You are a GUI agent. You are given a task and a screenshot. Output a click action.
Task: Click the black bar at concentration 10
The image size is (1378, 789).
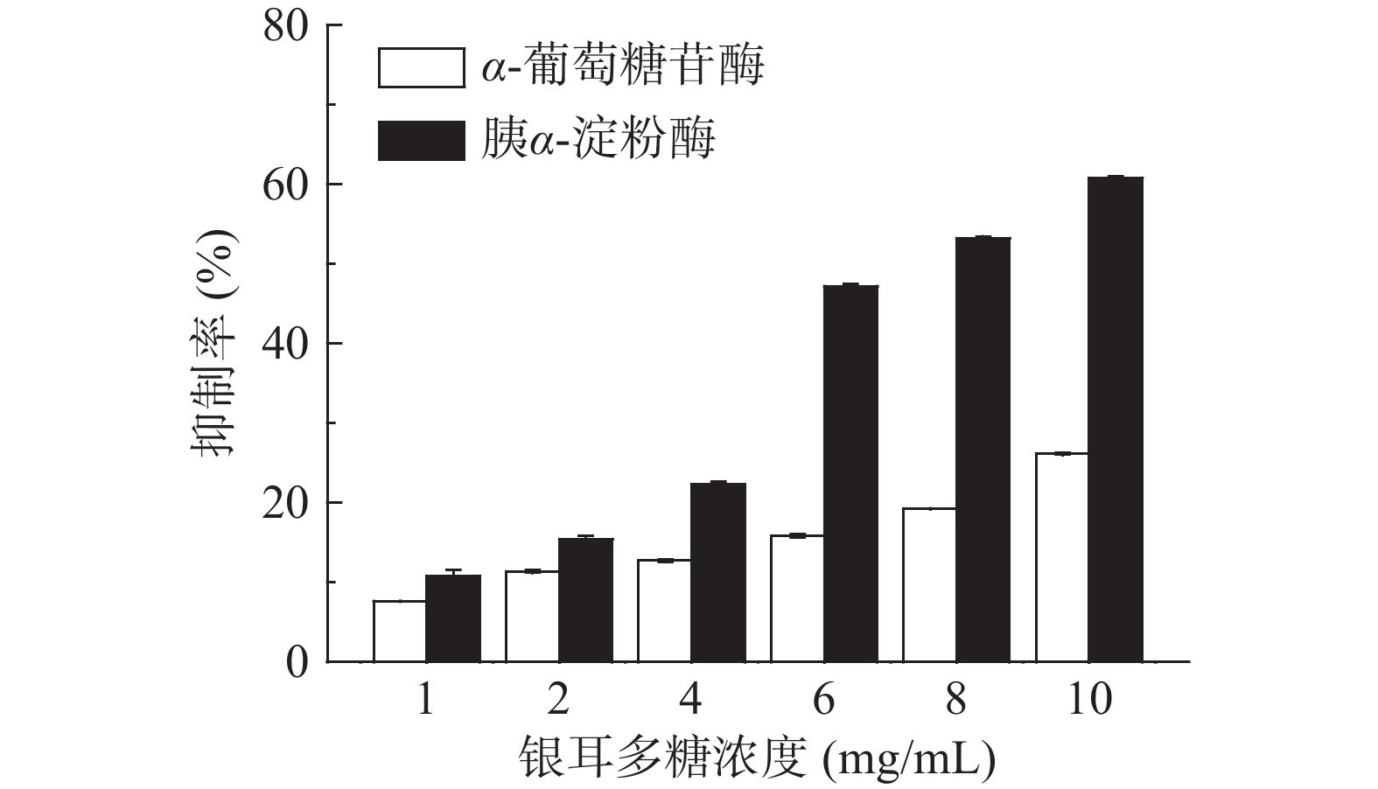coord(1116,419)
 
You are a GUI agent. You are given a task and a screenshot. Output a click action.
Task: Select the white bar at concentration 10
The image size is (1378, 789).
coord(1062,557)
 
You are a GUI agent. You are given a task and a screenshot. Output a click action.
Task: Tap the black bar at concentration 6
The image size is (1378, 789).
coord(850,473)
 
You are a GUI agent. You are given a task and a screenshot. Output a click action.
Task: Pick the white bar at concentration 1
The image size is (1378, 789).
coord(400,631)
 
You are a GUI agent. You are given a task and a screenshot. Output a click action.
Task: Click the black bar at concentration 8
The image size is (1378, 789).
coord(983,449)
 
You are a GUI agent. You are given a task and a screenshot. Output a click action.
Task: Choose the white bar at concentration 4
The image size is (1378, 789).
coord(664,611)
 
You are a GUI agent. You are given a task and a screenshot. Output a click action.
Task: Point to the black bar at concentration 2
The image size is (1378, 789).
coord(586,600)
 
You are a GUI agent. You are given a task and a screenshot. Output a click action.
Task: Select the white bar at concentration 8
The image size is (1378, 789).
coord(929,584)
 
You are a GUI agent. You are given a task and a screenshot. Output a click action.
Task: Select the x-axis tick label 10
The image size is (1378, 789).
coord(1088,700)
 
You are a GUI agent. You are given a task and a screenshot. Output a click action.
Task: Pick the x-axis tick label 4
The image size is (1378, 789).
coord(691,700)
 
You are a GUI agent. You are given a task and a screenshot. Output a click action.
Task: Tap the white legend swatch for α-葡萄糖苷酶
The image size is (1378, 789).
coord(421,68)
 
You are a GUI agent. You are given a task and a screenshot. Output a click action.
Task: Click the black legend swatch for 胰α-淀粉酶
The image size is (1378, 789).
coord(421,141)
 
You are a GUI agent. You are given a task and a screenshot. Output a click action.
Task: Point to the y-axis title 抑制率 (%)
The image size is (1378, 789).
coord(213,344)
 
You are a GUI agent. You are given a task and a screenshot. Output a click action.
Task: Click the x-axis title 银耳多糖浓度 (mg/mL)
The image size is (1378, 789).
coord(758,758)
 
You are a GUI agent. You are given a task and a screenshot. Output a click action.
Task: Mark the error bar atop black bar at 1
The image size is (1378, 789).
coord(453,571)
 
